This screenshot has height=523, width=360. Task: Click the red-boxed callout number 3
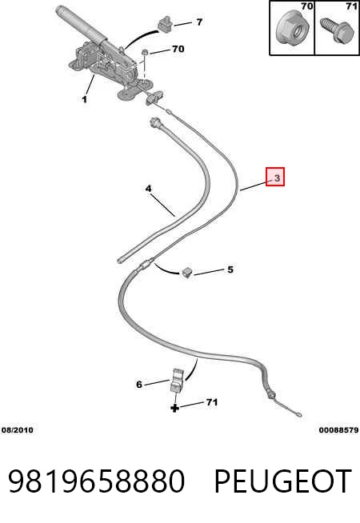(x=277, y=178)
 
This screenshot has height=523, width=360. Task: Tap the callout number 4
(x=148, y=189)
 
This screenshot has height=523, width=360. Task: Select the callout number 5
(x=230, y=269)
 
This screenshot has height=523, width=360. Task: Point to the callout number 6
(x=139, y=385)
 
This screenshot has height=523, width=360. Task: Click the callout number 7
(x=199, y=22)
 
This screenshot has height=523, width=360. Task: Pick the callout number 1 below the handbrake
(x=84, y=99)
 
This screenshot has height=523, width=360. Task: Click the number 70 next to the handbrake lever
(x=178, y=49)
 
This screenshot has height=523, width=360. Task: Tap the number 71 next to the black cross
(x=212, y=402)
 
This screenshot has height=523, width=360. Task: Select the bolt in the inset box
(x=336, y=30)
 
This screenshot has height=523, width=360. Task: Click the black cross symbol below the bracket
(x=175, y=408)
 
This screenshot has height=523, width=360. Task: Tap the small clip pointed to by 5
(x=187, y=273)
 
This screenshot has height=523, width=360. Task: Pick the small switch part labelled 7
(x=165, y=24)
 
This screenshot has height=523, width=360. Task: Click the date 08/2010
(x=18, y=430)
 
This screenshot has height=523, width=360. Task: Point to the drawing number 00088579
(x=338, y=430)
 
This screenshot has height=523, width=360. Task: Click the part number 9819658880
(x=96, y=481)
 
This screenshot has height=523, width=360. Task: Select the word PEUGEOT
(x=282, y=481)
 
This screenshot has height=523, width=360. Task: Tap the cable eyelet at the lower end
(x=298, y=415)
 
